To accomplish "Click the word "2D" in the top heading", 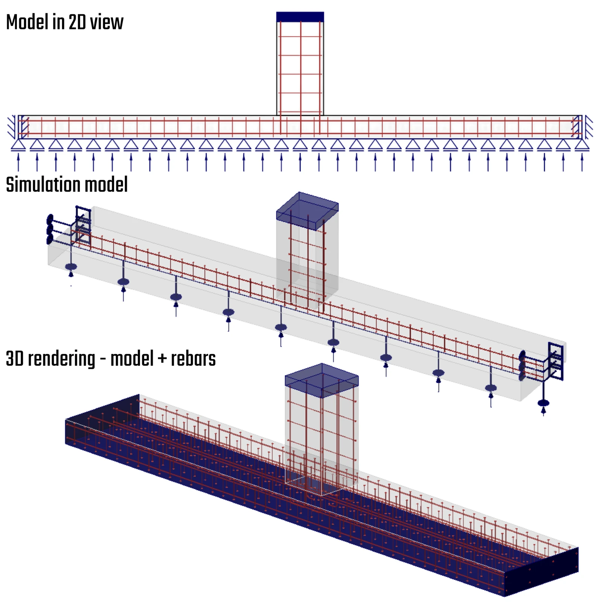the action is tap(78, 22).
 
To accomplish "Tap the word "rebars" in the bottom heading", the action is tap(193, 359).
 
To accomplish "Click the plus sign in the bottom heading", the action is tap(162, 359).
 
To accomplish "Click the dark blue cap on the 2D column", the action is tap(300, 17).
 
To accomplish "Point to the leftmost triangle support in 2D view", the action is tap(18, 145).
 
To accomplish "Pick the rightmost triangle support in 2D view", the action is tap(582, 145).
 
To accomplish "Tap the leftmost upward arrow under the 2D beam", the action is tap(18, 162).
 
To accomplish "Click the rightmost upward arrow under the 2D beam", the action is tap(582, 162).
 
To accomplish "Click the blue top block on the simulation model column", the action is tap(307, 211).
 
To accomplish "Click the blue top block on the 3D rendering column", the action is tap(322, 380).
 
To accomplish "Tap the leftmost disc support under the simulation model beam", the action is tap(71, 267).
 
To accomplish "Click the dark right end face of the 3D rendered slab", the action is tap(541, 572).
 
